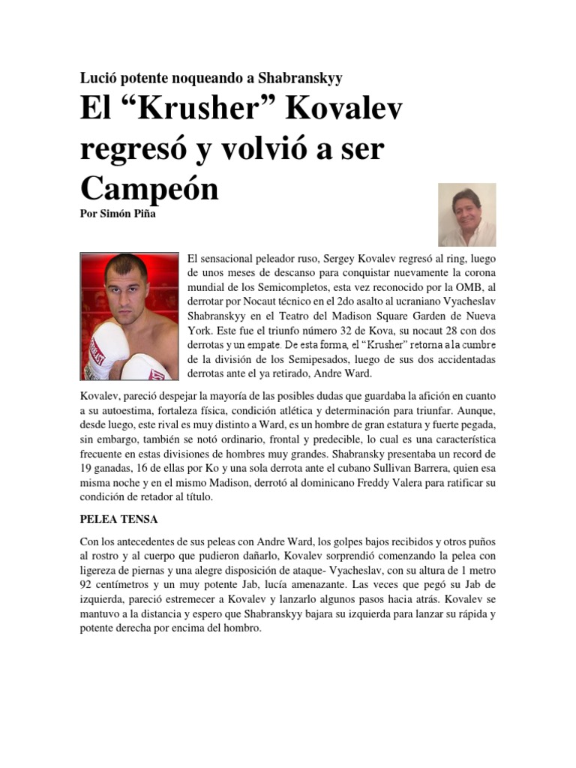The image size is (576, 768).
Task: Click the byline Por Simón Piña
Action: point(116,212)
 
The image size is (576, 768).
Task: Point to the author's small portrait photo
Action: point(466,216)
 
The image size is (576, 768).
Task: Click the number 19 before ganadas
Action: point(87,468)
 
